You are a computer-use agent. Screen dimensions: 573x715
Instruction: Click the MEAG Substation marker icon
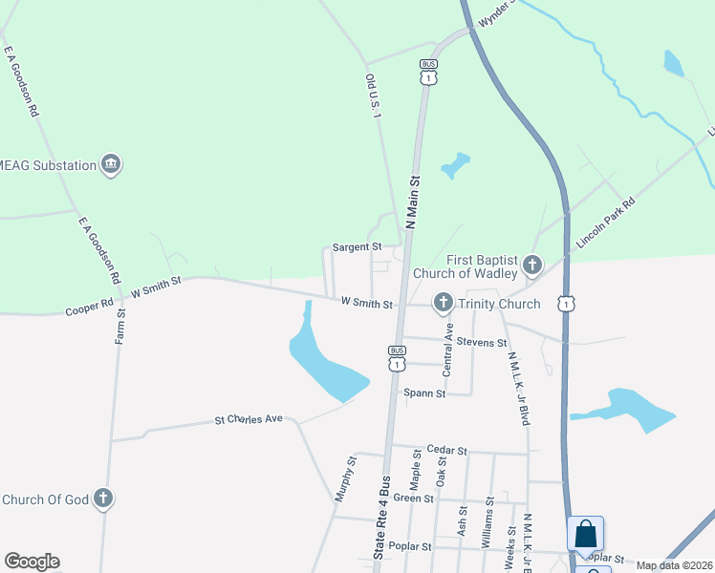click(x=111, y=165)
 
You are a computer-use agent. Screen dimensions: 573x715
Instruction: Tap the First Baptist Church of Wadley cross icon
click(x=531, y=264)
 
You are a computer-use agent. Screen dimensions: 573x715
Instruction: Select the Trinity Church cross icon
click(x=443, y=304)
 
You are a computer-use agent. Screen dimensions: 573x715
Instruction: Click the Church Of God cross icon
click(x=103, y=499)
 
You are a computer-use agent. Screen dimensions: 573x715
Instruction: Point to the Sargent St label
click(x=357, y=247)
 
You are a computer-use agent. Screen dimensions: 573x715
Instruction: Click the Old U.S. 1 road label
click(x=373, y=95)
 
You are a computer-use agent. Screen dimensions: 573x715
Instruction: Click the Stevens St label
click(x=481, y=342)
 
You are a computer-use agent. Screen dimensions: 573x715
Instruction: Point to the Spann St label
click(x=424, y=393)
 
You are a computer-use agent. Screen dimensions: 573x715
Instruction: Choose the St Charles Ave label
click(x=249, y=419)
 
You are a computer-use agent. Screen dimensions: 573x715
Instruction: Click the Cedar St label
click(x=446, y=451)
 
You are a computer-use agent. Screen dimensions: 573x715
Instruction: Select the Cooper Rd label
click(x=89, y=310)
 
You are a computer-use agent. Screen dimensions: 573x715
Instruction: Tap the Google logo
click(x=32, y=562)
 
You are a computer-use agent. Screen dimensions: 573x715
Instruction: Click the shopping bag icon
click(x=585, y=534)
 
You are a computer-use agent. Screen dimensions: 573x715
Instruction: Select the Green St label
click(x=414, y=499)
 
